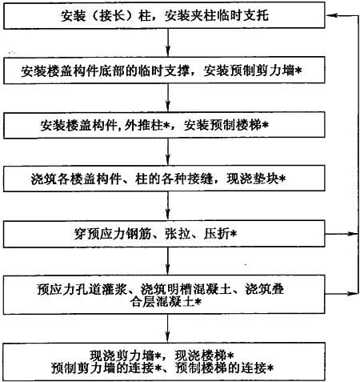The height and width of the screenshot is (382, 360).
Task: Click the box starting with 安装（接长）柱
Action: (164, 15)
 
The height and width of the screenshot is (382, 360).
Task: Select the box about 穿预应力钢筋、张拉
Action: (164, 234)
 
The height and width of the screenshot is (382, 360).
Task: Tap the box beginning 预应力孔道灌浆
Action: (164, 295)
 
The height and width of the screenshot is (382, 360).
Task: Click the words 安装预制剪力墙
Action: (249, 70)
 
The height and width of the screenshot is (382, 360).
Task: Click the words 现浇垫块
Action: (253, 179)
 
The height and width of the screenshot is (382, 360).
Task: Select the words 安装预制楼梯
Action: (222, 125)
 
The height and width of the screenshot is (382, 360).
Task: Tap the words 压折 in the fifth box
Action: (217, 234)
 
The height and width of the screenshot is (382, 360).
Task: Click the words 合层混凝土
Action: (162, 302)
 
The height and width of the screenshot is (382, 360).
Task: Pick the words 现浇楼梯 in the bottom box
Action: (201, 356)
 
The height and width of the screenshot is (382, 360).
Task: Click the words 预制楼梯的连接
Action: (221, 368)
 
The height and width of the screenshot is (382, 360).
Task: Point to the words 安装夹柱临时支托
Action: (217, 15)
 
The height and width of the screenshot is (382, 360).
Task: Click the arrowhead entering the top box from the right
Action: (330, 15)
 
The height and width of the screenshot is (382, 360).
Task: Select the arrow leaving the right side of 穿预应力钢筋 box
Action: (342, 234)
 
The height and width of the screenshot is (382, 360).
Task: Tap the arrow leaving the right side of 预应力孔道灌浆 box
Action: (342, 294)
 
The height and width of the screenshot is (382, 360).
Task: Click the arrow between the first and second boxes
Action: (168, 42)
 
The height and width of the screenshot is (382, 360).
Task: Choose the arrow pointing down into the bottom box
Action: (168, 328)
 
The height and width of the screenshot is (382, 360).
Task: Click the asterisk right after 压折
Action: (233, 234)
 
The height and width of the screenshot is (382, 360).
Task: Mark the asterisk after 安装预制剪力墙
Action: (298, 70)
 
